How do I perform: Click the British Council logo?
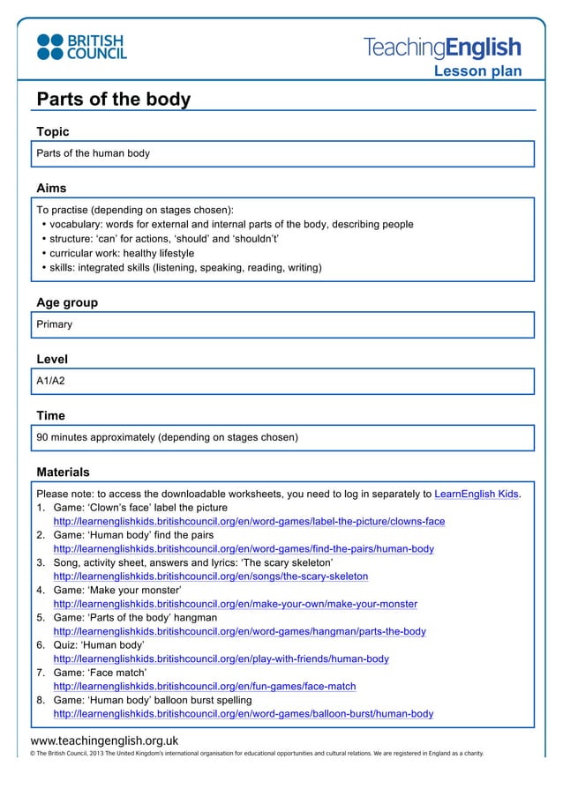[81, 47]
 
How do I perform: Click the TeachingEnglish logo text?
[442, 48]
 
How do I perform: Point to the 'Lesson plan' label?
[477, 71]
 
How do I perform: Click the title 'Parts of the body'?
[113, 99]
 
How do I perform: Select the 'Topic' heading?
[52, 132]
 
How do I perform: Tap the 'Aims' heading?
[51, 188]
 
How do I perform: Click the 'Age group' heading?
[67, 302]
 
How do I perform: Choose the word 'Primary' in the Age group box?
[54, 324]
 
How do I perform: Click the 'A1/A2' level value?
[50, 381]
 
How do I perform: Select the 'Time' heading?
[50, 415]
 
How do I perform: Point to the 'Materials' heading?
[63, 472]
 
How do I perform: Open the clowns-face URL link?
[249, 521]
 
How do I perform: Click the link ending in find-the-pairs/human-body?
[244, 548]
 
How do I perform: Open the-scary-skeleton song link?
[211, 577]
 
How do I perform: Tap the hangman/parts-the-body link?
[240, 631]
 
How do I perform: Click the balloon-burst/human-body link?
[244, 713]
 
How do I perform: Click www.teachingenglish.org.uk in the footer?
[104, 740]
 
